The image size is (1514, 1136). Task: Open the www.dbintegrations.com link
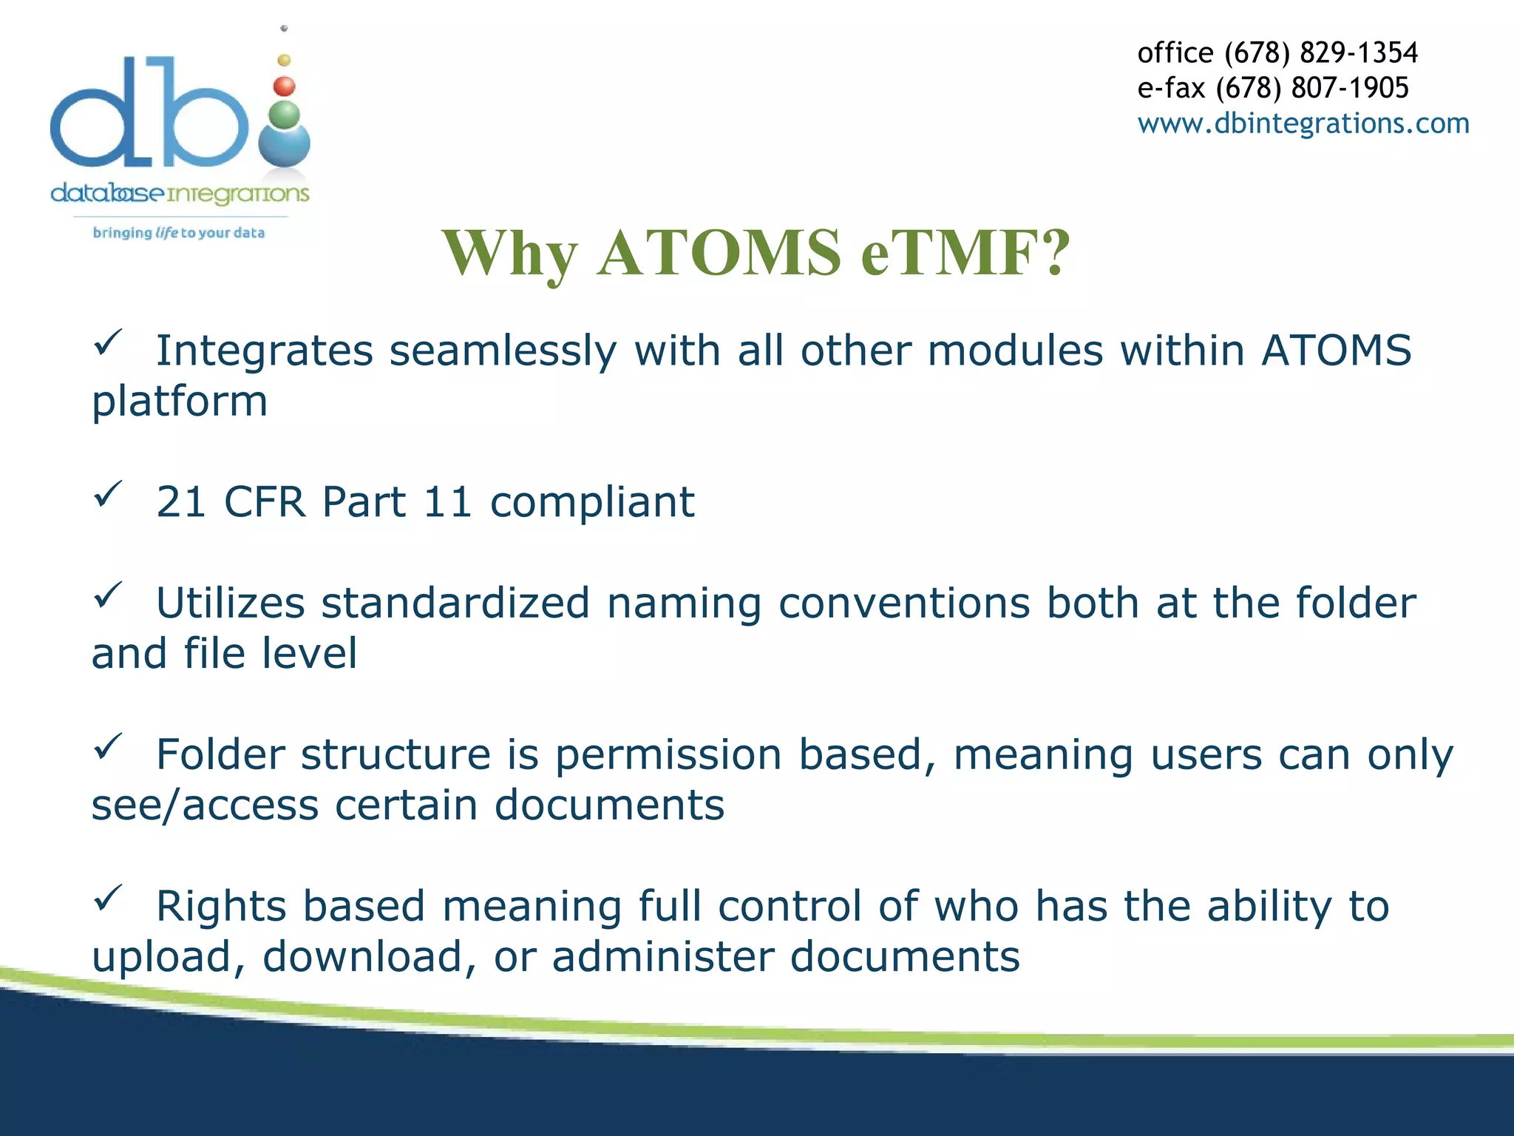pyautogui.click(x=1303, y=123)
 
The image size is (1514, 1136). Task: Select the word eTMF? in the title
pyautogui.click(x=965, y=253)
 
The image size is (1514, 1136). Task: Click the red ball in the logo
pyautogui.click(x=284, y=87)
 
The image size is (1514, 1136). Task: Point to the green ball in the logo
pyautogui.click(x=285, y=115)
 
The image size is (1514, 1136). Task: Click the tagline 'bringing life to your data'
pyautogui.click(x=178, y=233)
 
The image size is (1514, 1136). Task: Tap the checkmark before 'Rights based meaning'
pyautogui.click(x=108, y=898)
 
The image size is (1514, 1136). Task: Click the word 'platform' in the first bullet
pyautogui.click(x=180, y=402)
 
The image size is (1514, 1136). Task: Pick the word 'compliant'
pyautogui.click(x=592, y=502)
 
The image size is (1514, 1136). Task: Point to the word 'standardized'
pyautogui.click(x=455, y=603)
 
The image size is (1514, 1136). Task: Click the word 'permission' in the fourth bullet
pyautogui.click(x=668, y=755)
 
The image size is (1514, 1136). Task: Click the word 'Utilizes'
pyautogui.click(x=230, y=603)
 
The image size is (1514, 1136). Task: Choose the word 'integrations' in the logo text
pyautogui.click(x=238, y=194)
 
